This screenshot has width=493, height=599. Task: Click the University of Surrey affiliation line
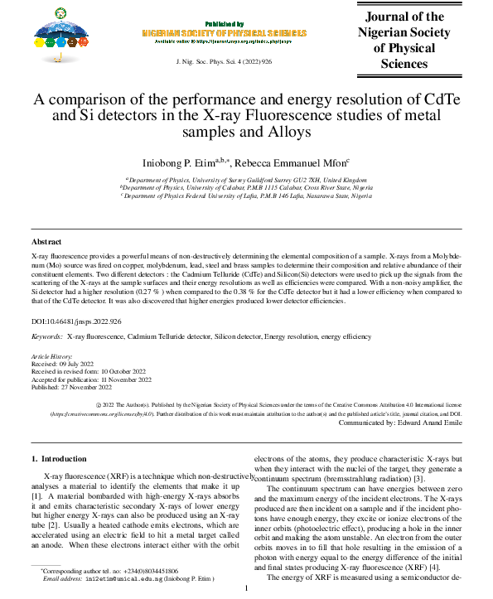pyautogui.click(x=246, y=178)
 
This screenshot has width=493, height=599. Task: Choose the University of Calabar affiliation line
pyautogui.click(x=246, y=187)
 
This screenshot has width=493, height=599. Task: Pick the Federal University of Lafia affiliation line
pyautogui.click(x=246, y=196)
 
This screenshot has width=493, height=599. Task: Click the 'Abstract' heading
pyautogui.click(x=47, y=241)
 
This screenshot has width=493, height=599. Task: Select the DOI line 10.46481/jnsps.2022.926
pyautogui.click(x=76, y=321)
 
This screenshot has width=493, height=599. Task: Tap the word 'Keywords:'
pyautogui.click(x=46, y=338)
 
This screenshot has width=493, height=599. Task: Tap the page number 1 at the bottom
pyautogui.click(x=246, y=589)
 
